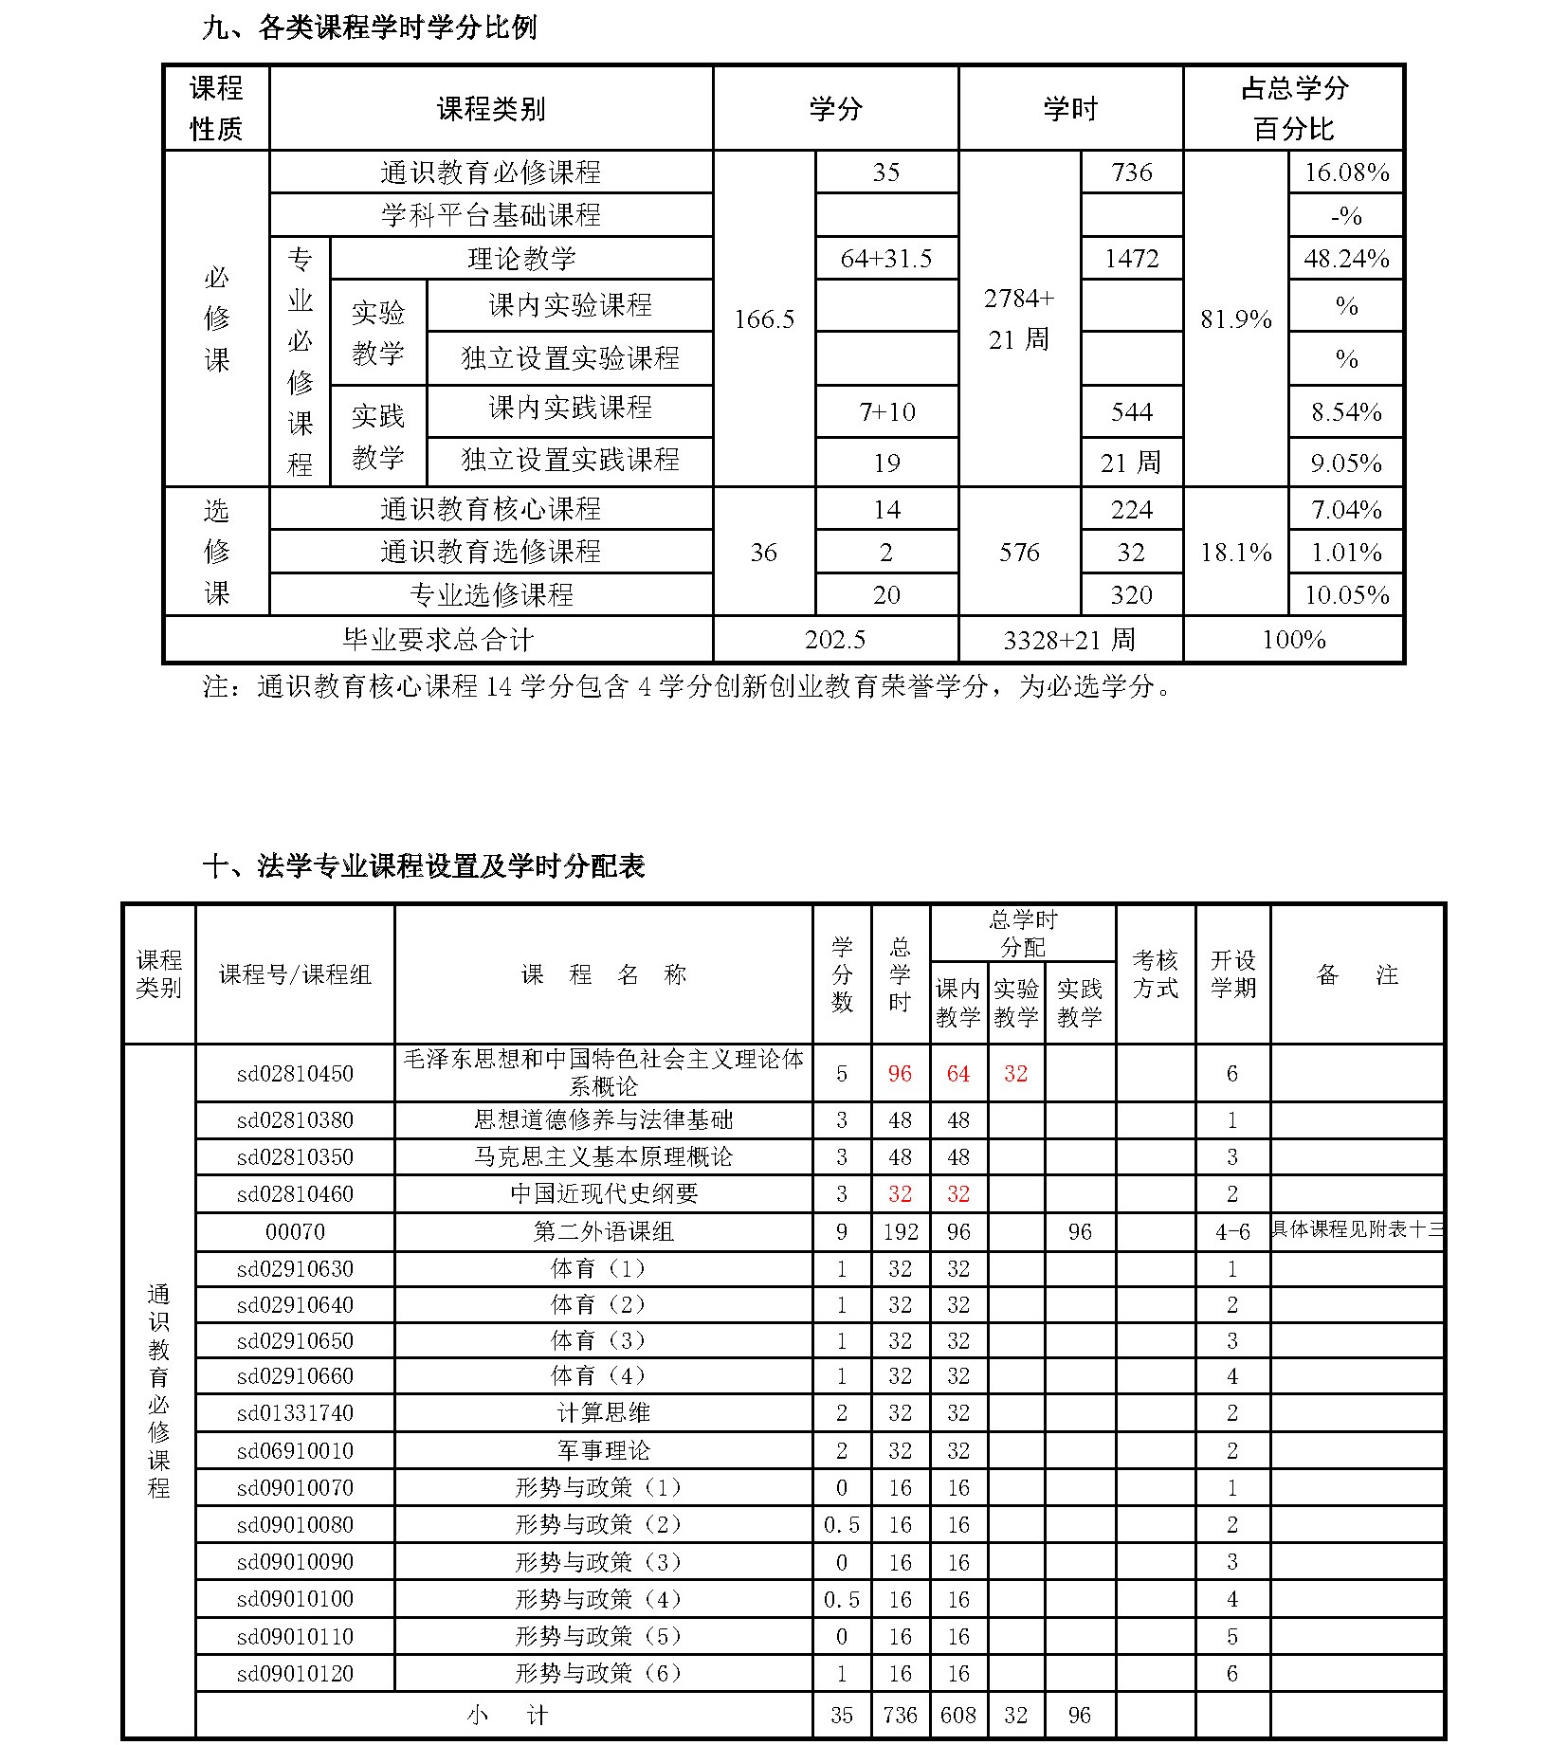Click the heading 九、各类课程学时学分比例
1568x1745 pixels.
(x=370, y=27)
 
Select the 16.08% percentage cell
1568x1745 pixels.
(x=1346, y=173)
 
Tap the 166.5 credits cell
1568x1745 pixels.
(x=764, y=319)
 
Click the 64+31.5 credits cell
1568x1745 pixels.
(x=886, y=258)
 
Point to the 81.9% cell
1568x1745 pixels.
(x=1236, y=319)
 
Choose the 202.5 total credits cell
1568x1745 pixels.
(x=835, y=640)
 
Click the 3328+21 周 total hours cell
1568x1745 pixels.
(x=1070, y=640)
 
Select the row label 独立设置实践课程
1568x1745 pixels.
(x=570, y=461)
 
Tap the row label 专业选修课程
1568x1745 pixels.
(x=491, y=595)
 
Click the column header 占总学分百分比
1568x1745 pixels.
(x=1294, y=108)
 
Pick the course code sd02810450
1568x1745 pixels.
(x=295, y=1073)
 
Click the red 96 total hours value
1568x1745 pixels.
(x=900, y=1073)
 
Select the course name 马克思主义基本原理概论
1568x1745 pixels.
(x=603, y=1156)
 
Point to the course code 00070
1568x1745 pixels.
(x=295, y=1231)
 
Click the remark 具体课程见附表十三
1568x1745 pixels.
(x=1358, y=1229)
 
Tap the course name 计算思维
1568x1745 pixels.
(x=603, y=1412)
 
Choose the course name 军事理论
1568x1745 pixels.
(x=603, y=1450)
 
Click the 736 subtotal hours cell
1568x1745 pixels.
(x=900, y=1715)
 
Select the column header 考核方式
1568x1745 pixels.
(x=1156, y=974)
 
